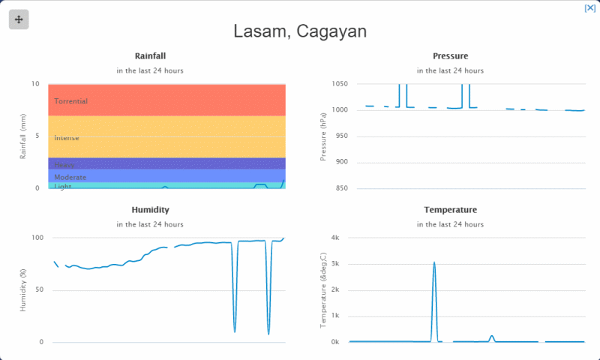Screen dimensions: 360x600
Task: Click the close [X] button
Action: click(x=589, y=7)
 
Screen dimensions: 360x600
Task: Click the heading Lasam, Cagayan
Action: click(x=300, y=31)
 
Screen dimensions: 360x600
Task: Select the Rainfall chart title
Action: click(x=150, y=56)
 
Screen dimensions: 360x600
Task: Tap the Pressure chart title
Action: click(x=450, y=56)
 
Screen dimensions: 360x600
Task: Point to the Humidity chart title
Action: click(x=150, y=210)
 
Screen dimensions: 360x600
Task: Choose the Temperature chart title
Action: click(x=450, y=210)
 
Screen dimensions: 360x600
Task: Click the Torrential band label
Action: click(x=70, y=101)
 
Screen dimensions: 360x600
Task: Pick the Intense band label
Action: click(x=66, y=138)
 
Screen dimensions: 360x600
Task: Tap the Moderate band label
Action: click(x=70, y=178)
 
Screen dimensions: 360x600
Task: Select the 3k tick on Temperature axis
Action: click(x=334, y=264)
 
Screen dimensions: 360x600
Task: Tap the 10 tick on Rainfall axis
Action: click(x=34, y=84)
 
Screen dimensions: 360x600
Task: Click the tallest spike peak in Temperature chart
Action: click(x=434, y=262)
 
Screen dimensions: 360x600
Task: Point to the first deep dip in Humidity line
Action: click(x=235, y=331)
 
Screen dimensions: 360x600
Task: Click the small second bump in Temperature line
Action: click(x=492, y=336)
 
